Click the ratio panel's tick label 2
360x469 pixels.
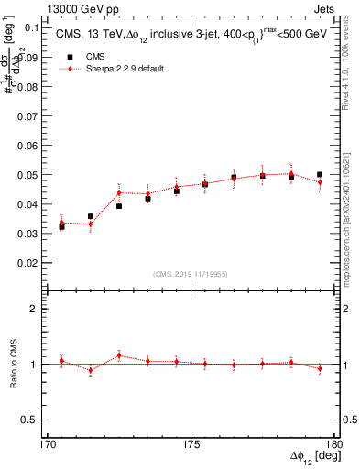click(x=37, y=310)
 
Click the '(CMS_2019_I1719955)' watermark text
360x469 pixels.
click(x=191, y=273)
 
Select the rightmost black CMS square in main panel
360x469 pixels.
click(x=320, y=174)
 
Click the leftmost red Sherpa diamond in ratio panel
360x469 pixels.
click(x=61, y=361)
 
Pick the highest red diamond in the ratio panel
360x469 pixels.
click(x=119, y=355)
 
